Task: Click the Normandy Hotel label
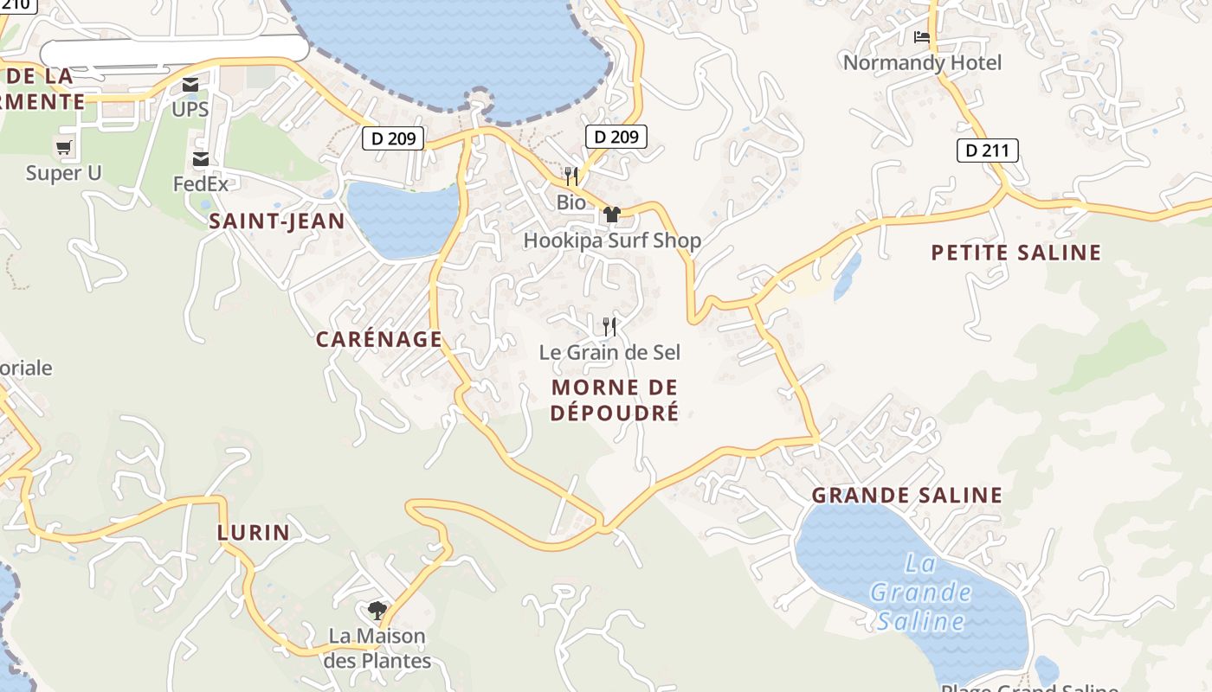tap(922, 62)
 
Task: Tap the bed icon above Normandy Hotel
tap(922, 37)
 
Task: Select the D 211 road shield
tap(987, 151)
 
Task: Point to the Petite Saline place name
tap(1015, 253)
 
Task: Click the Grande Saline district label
tap(906, 496)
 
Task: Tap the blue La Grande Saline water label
tap(920, 593)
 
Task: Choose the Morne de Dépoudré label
tap(615, 400)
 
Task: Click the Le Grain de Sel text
tap(609, 352)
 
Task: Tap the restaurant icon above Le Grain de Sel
tap(609, 326)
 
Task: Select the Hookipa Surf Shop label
tap(612, 240)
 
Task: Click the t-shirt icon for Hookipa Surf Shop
tap(612, 215)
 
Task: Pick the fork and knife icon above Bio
tap(571, 176)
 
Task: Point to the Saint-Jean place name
tap(277, 221)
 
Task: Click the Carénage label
tap(378, 339)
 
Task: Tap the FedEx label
tap(201, 183)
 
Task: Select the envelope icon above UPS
tap(190, 85)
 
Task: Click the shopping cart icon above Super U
tap(63, 148)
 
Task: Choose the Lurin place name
tap(253, 532)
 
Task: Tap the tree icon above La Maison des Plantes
tap(377, 611)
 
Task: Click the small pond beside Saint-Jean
tap(403, 218)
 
